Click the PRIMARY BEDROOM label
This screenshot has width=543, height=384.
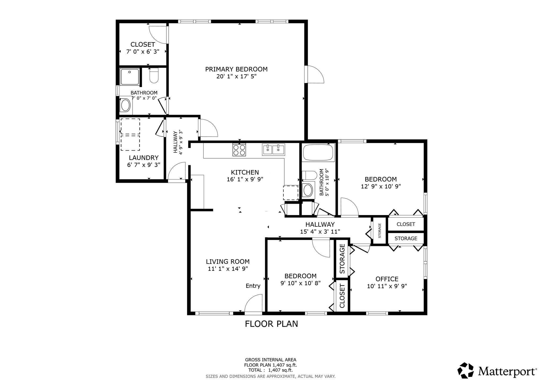pyautogui.click(x=236, y=69)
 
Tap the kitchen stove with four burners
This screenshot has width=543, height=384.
pyautogui.click(x=239, y=150)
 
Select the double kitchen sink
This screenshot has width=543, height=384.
pyautogui.click(x=273, y=150)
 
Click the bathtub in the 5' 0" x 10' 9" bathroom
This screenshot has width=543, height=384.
pyautogui.click(x=318, y=152)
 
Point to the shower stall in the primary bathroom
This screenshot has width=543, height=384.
pyautogui.click(x=129, y=77)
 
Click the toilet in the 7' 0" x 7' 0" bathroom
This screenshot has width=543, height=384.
pyautogui.click(x=154, y=76)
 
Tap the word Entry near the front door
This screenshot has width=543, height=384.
pyautogui.click(x=253, y=286)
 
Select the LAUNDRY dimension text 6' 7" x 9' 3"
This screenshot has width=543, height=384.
pyautogui.click(x=144, y=165)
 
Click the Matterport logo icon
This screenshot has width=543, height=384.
pyautogui.click(x=465, y=370)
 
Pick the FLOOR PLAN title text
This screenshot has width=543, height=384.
pyautogui.click(x=271, y=324)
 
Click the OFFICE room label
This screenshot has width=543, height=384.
pyautogui.click(x=387, y=279)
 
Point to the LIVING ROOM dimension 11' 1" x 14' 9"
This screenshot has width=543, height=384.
pyautogui.click(x=228, y=269)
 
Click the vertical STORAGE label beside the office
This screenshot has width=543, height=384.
pyautogui.click(x=342, y=259)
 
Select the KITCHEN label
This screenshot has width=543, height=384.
pyautogui.click(x=245, y=172)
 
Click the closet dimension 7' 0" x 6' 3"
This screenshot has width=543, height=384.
pyautogui.click(x=143, y=51)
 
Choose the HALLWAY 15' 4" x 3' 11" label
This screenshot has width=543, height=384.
pyautogui.click(x=320, y=228)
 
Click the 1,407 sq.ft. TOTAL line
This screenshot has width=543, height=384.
pyautogui.click(x=270, y=370)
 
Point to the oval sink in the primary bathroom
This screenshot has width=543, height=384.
pyautogui.click(x=125, y=105)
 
